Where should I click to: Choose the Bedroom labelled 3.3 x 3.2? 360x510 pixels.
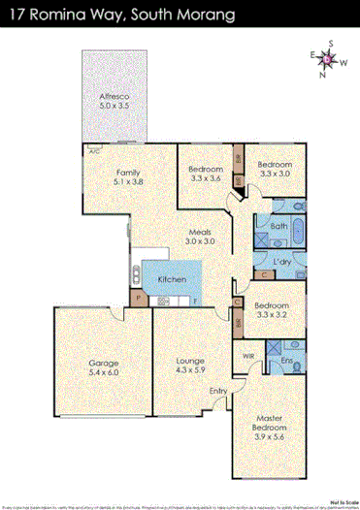(274, 309)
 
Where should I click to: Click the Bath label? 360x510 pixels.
(278, 227)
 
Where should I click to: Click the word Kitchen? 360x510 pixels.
(173, 280)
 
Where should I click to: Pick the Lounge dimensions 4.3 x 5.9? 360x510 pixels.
(188, 372)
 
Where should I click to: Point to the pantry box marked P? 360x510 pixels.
(139, 297)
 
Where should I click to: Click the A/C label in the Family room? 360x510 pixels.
(94, 152)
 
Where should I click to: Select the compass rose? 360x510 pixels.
(328, 61)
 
